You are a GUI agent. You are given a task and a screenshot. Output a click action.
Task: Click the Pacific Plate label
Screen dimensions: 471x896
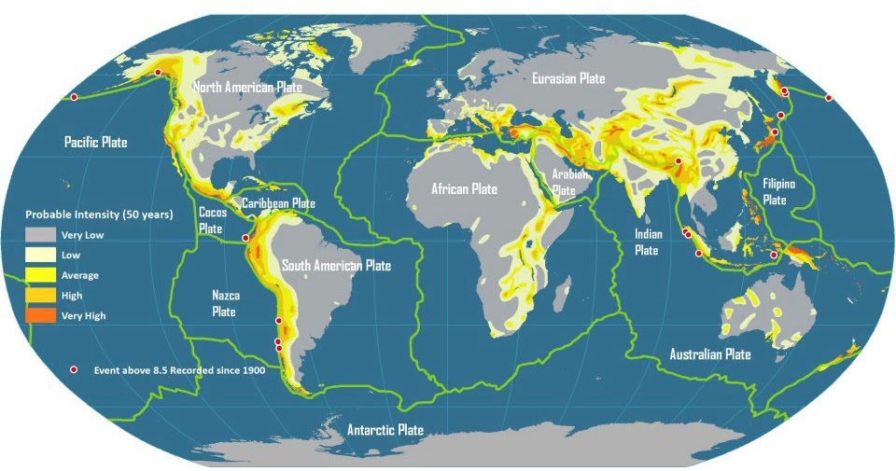(x=95, y=143)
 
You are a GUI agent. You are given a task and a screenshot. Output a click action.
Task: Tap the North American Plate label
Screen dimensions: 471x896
(x=247, y=87)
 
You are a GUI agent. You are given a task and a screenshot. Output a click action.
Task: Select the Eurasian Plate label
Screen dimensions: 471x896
(x=568, y=79)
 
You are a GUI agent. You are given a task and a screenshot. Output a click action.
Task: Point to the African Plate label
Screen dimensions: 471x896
(x=464, y=189)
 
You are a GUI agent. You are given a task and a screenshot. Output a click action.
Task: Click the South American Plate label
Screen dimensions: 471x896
(x=336, y=266)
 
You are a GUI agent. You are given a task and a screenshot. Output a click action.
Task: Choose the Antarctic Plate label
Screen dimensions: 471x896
(x=385, y=430)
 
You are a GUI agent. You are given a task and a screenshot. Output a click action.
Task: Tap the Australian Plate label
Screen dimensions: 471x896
(x=709, y=354)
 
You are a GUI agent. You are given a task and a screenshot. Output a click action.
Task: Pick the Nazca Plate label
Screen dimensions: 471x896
(x=225, y=303)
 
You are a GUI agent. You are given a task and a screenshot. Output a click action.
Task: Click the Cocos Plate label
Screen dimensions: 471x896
(x=212, y=220)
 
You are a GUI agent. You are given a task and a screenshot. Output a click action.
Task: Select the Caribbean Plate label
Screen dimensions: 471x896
(x=278, y=203)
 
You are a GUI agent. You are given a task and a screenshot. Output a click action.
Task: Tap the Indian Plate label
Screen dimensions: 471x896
(x=648, y=242)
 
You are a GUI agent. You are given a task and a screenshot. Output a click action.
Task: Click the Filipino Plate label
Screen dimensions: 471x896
(x=778, y=191)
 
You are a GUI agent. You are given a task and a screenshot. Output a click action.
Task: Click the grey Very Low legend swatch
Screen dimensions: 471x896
(x=39, y=235)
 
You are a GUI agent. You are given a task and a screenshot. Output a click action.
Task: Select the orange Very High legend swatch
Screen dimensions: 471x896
(x=39, y=316)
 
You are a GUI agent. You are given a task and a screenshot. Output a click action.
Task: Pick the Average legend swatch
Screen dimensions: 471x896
(x=39, y=275)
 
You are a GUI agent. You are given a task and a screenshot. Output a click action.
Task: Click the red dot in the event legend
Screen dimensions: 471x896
(x=75, y=370)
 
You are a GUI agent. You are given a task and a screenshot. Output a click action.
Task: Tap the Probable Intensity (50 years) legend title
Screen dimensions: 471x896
(x=99, y=215)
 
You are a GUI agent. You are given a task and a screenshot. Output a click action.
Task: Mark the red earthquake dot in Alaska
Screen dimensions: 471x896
(x=158, y=72)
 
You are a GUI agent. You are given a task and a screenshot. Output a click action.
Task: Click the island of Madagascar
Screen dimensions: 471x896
(x=560, y=296)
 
